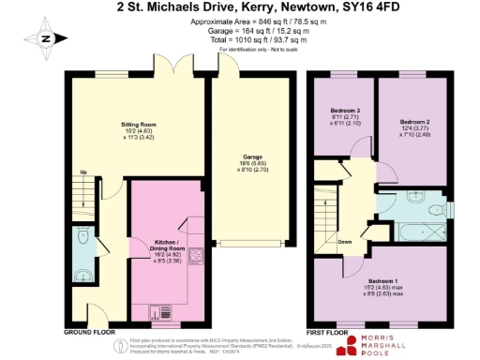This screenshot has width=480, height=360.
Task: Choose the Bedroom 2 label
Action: click(414, 123)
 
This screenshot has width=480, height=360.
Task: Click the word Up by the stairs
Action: click(83, 172)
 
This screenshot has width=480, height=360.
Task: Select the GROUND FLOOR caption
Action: click(90, 332)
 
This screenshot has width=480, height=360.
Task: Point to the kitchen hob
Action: click(197, 254)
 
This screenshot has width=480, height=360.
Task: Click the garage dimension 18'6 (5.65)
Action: click(252, 164)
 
